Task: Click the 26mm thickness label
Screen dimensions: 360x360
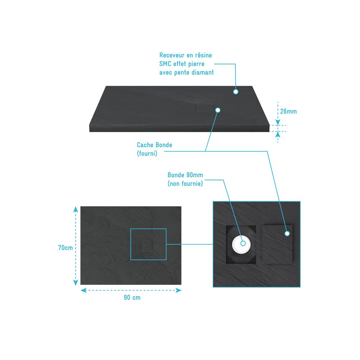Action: [x=288, y=112]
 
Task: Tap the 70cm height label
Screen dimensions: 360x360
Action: [x=66, y=248]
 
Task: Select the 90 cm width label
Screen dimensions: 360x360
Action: [x=132, y=298]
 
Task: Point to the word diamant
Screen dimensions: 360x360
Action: [x=203, y=73]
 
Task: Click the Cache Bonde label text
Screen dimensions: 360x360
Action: [x=154, y=145]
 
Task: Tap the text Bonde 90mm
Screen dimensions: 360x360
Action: [x=185, y=175]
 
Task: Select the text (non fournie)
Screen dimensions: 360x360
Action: [x=185, y=184]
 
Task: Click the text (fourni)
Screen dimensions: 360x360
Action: [x=147, y=153]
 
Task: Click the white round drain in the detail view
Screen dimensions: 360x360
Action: [x=240, y=244]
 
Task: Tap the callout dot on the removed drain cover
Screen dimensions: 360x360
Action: [x=287, y=234]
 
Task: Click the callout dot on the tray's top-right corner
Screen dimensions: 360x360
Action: [x=235, y=91]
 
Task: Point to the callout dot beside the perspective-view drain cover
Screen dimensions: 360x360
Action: [x=218, y=110]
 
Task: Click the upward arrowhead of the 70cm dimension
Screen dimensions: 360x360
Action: [x=76, y=209]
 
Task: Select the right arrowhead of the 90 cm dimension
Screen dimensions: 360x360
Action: [x=179, y=291]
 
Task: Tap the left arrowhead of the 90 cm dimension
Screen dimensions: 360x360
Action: [x=84, y=291]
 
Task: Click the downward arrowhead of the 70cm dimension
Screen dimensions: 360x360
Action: [x=76, y=283]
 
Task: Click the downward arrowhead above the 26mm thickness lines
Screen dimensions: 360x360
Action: [x=278, y=122]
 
